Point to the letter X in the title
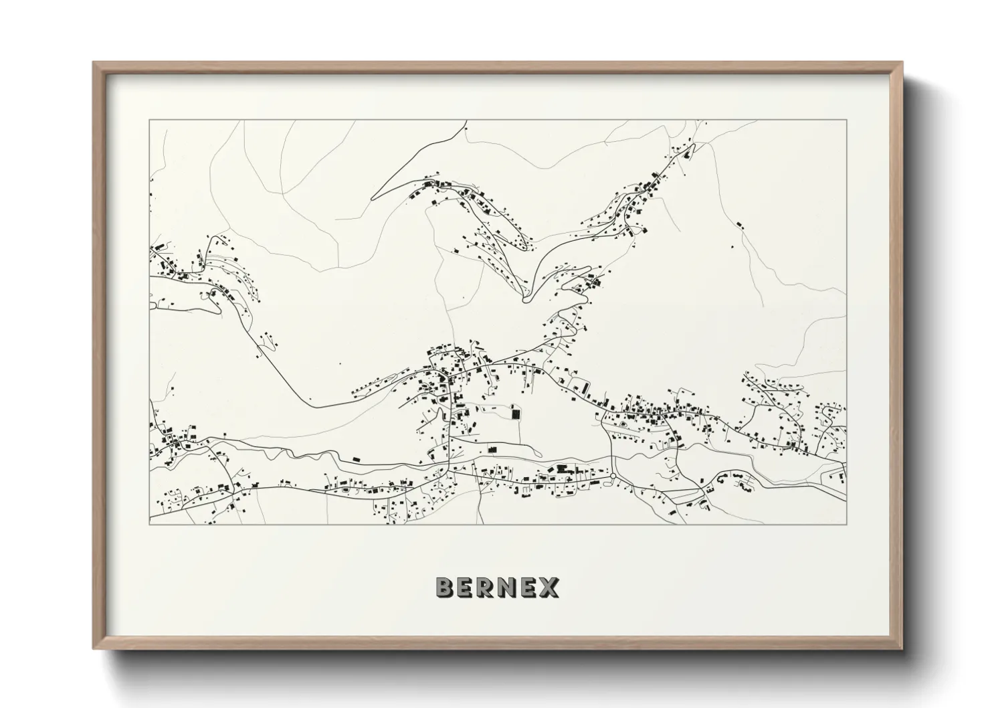point(551,588)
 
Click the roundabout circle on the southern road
point(613,476)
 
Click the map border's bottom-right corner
point(846,524)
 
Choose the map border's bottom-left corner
point(150,524)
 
